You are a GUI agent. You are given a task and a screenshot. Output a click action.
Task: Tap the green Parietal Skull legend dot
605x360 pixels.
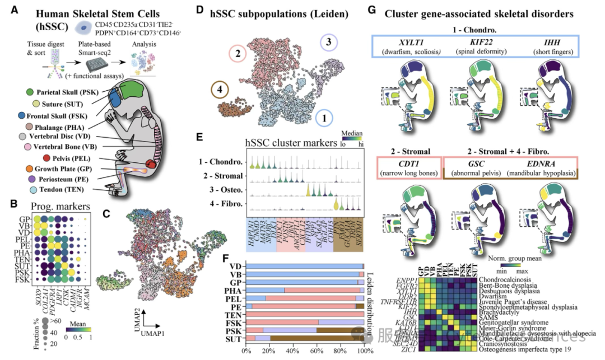pos(21,91)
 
